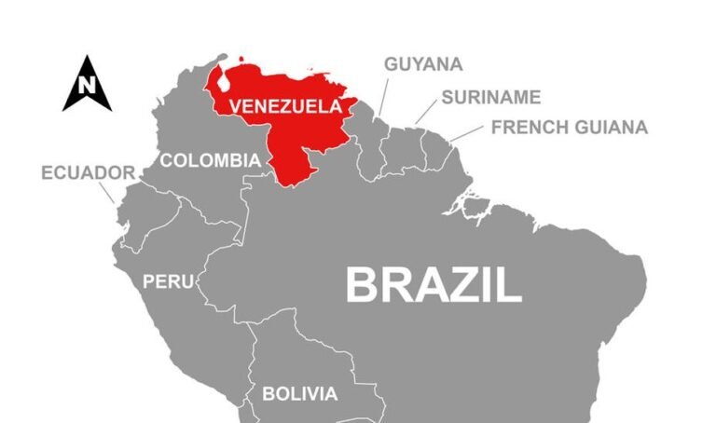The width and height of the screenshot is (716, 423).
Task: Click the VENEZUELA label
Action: coord(285,106)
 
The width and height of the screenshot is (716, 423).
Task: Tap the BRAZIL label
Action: coord(434,284)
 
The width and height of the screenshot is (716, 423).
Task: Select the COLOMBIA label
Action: coord(210,160)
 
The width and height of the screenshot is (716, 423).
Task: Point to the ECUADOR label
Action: coord(89,173)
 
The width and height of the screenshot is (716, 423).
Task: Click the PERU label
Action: coord(168,280)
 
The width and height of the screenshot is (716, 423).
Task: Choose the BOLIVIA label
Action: coord(299,394)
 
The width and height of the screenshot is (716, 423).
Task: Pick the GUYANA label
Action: coord(423,64)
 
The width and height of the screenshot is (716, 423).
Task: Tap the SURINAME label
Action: coord(490,97)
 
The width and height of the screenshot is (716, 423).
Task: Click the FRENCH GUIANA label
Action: coord(569,128)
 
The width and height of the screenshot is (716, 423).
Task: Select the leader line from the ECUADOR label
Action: coord(107,192)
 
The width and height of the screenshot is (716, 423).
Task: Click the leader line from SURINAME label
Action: coord(425,113)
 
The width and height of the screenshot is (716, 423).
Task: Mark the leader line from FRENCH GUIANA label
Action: coord(465,134)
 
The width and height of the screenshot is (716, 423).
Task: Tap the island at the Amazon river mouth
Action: coord(475,204)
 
